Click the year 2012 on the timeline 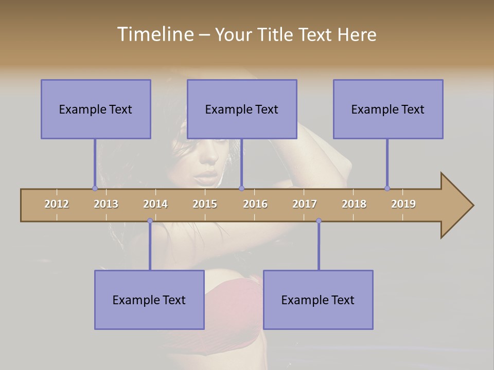coord(57,204)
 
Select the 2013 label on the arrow coord(106,204)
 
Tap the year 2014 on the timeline coord(155,204)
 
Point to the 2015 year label coord(205,204)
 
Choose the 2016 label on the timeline coord(255,204)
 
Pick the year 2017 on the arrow coord(305,204)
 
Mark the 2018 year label coord(354,204)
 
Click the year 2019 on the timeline coord(403,204)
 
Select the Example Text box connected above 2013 coord(96,109)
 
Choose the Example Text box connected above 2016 coord(242,109)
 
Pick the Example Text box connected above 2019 coord(388,109)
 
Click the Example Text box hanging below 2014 coord(149,300)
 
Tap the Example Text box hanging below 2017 coord(318,300)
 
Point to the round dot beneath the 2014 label coord(150,221)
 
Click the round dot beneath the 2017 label coord(319,221)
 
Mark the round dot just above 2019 coord(387,188)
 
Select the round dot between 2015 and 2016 coord(241,188)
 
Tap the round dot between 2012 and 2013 coord(95,188)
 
